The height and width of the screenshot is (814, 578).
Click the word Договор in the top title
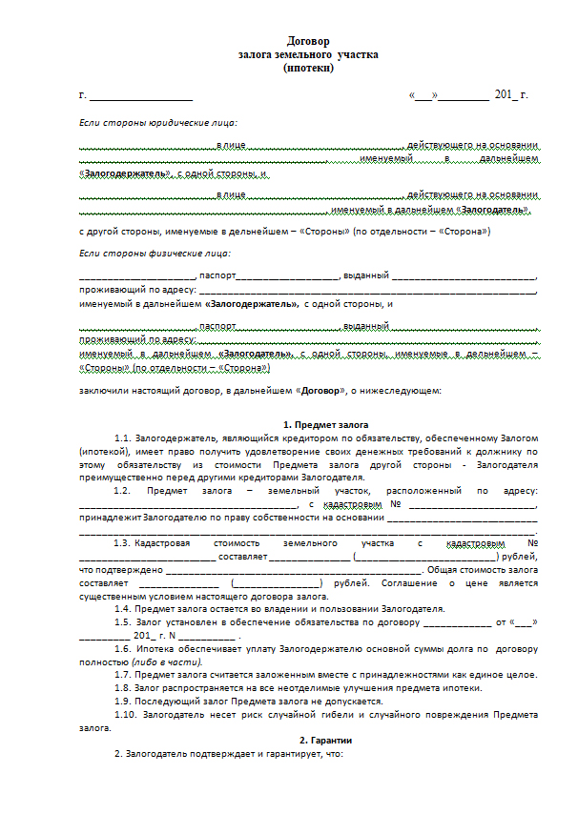308,41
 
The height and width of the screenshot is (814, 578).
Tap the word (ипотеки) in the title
308,68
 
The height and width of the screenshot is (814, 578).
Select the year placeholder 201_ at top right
506,96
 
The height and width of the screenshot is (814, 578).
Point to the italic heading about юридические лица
158,123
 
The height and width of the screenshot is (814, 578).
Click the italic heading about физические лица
155,253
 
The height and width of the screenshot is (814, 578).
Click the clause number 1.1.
122,438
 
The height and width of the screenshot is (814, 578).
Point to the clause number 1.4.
122,608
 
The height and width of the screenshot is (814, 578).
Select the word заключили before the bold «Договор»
104,391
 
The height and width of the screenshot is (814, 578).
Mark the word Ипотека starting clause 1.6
152,648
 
